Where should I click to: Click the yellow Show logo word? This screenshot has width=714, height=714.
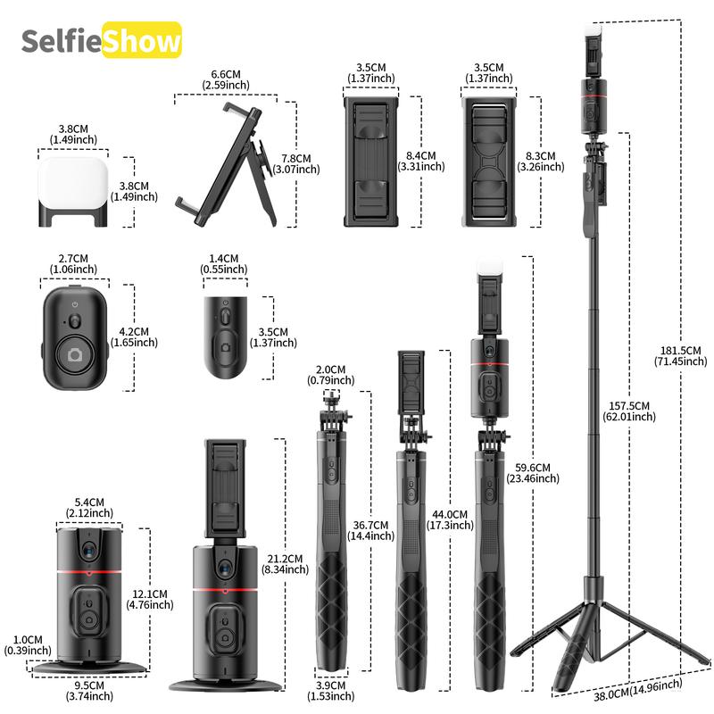tap(143, 41)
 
